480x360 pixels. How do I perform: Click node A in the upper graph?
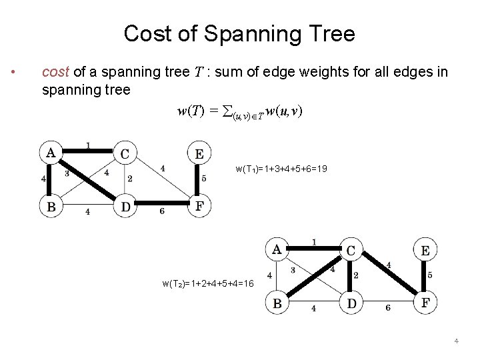pyautogui.click(x=51, y=153)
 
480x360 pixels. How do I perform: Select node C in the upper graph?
pyautogui.click(x=125, y=154)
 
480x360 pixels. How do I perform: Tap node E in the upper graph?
pyautogui.click(x=199, y=154)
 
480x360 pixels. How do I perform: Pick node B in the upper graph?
pyautogui.click(x=51, y=206)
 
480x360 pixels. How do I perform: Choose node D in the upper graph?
pyautogui.click(x=125, y=206)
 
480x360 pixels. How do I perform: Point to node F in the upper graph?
pyautogui.click(x=199, y=206)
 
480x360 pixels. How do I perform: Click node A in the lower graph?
pyautogui.click(x=277, y=250)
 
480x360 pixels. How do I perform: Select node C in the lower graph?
pyautogui.click(x=351, y=251)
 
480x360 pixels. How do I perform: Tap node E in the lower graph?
pyautogui.click(x=425, y=251)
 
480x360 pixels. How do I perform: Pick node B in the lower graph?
pyautogui.click(x=277, y=303)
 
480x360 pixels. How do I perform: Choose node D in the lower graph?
pyautogui.click(x=351, y=303)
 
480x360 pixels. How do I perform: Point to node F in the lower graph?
pyautogui.click(x=425, y=303)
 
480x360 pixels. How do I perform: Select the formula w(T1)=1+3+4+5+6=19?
pyautogui.click(x=281, y=169)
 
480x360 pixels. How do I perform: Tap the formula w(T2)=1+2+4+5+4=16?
pyautogui.click(x=207, y=283)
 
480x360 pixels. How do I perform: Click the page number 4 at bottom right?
pyautogui.click(x=456, y=341)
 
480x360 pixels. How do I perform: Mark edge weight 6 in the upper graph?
pyautogui.click(x=162, y=211)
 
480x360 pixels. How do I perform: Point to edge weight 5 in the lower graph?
pyautogui.click(x=430, y=275)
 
